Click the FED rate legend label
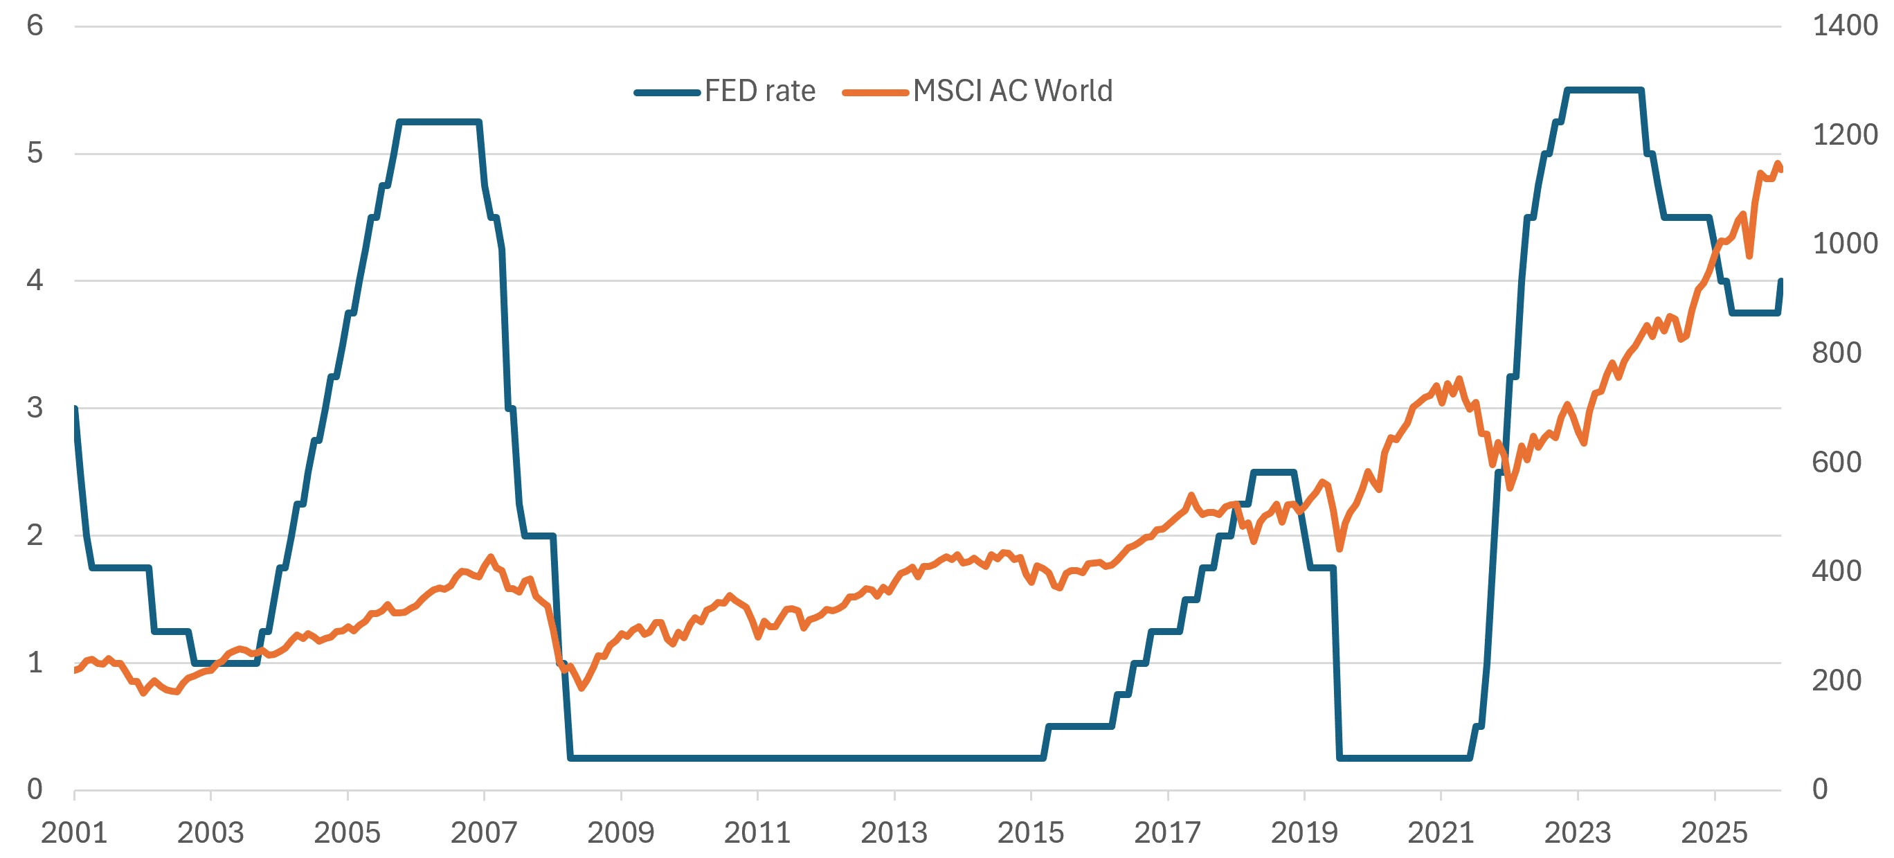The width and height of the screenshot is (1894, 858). (759, 91)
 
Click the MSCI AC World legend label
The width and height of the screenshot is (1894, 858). (1013, 91)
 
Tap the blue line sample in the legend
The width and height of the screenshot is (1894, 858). (667, 93)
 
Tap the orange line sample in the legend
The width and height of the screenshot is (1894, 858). (876, 93)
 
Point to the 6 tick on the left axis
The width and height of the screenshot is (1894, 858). (35, 26)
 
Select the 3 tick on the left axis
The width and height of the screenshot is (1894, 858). (35, 407)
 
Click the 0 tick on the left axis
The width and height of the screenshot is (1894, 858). (35, 789)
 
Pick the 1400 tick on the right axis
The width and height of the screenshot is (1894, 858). (1845, 26)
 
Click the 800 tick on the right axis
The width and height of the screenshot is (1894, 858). (1837, 353)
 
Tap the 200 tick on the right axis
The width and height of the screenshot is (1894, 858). (1837, 680)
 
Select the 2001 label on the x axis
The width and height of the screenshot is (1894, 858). (74, 833)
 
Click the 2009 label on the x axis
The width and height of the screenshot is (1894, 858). (620, 833)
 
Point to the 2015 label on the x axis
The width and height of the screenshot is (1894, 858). (1031, 833)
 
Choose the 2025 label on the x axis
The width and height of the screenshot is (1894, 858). (1714, 833)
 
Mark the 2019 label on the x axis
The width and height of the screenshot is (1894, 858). (1304, 833)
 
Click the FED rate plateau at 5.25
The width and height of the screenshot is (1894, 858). (439, 122)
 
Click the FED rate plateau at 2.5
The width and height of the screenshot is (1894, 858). (1274, 472)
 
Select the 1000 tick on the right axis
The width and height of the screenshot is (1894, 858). (1845, 243)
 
